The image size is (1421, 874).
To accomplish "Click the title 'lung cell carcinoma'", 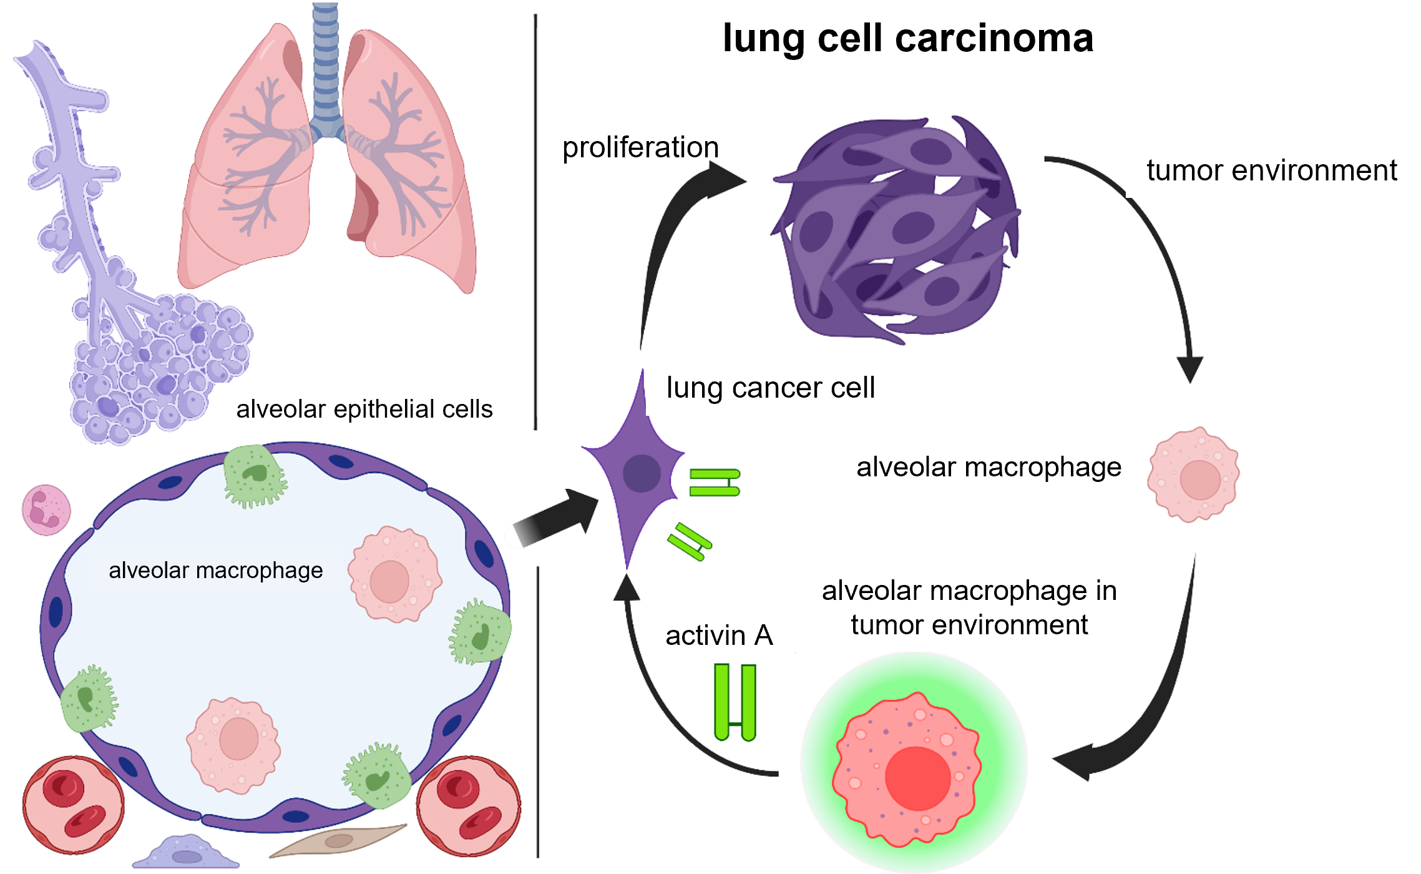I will (908, 39).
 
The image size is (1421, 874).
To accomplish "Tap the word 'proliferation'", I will (640, 148).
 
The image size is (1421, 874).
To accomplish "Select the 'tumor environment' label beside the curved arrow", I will (1271, 170).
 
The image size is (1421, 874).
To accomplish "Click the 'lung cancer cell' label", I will (770, 388).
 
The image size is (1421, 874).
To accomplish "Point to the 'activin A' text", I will (719, 636).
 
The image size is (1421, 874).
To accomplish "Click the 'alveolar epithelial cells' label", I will (364, 410).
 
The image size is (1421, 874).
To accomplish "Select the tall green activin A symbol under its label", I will (735, 702).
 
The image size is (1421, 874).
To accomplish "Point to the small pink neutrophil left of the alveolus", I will (46, 509).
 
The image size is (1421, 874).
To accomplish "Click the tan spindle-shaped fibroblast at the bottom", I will (338, 840).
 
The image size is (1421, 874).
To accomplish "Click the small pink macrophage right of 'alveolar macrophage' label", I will (1193, 474).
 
